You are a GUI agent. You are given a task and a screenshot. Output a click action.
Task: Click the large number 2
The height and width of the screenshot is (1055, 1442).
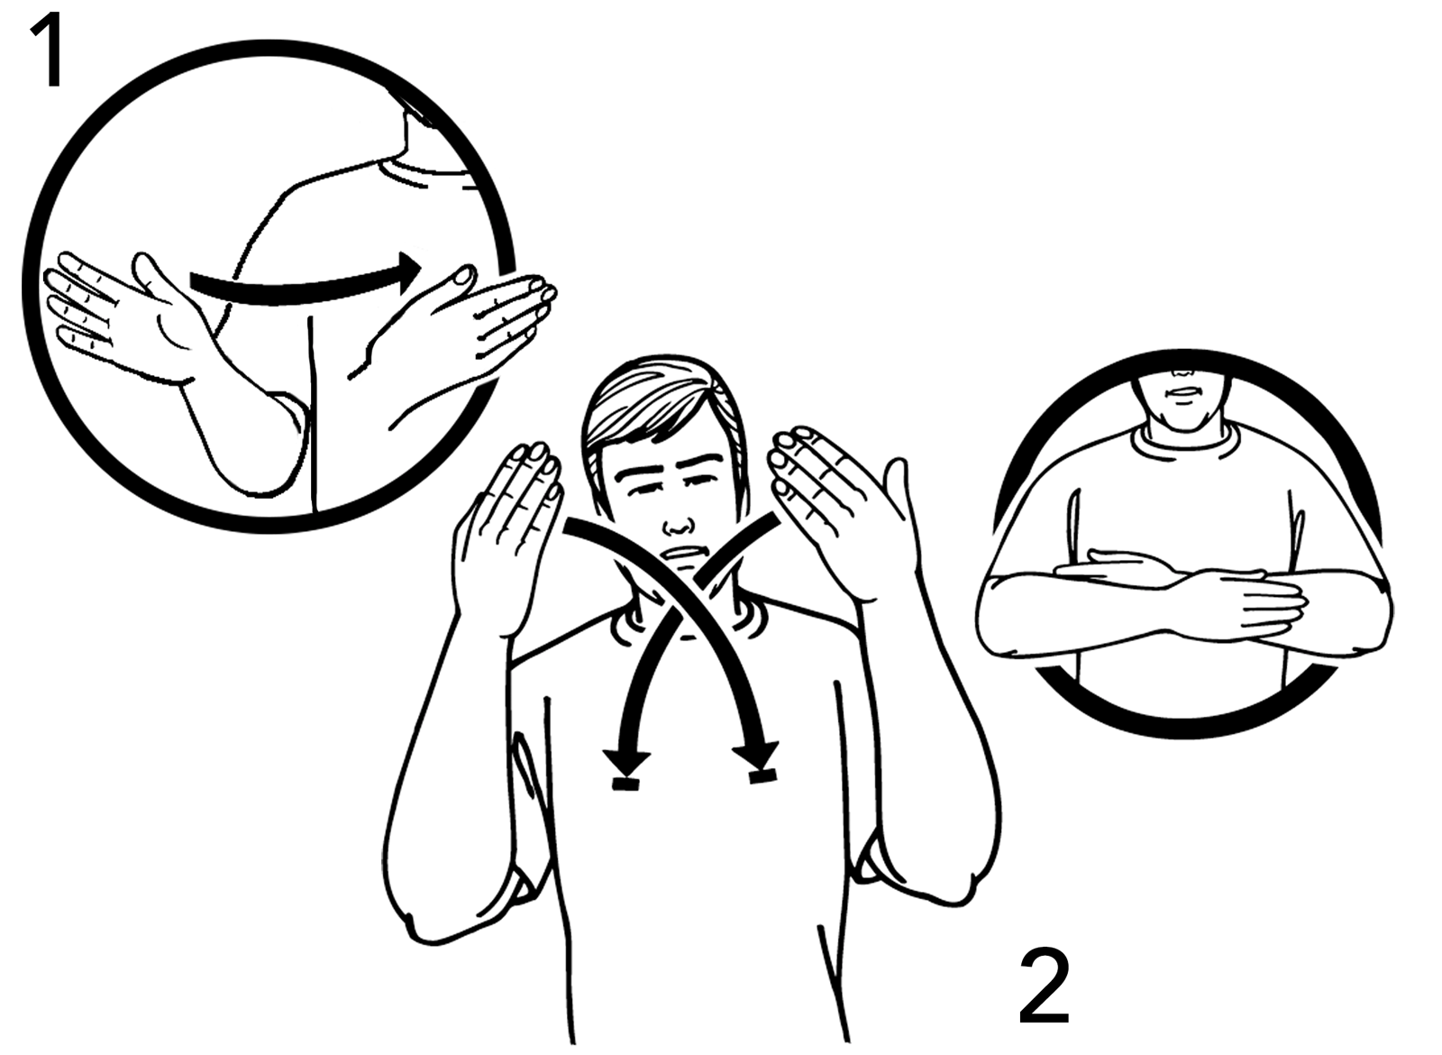tap(1045, 987)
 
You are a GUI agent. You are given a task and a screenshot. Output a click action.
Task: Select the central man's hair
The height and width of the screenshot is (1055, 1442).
tap(663, 412)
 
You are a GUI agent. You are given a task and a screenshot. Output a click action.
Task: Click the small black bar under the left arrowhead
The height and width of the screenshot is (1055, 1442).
tap(626, 784)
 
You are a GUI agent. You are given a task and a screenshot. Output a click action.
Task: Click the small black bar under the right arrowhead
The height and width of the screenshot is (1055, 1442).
tap(762, 776)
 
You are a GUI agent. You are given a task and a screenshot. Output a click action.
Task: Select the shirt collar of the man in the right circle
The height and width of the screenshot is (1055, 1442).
tap(1183, 438)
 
